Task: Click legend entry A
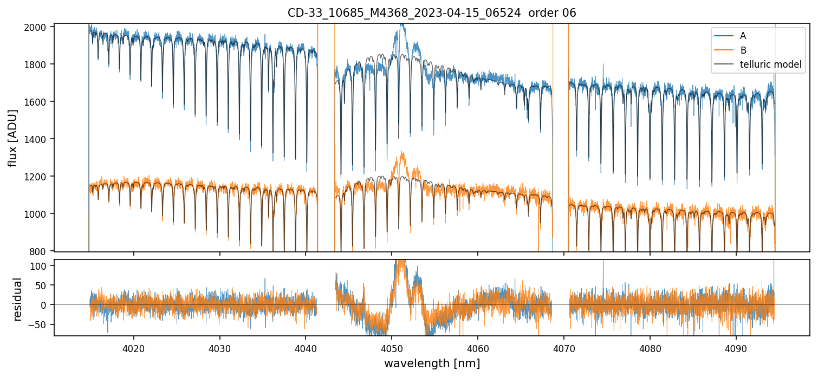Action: (x=743, y=36)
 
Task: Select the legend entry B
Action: (x=743, y=50)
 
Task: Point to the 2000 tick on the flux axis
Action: (x=39, y=27)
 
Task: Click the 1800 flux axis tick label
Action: (x=39, y=64)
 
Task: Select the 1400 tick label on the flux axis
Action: (x=39, y=139)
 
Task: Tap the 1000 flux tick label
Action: (x=39, y=214)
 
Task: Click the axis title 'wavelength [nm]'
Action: (x=432, y=363)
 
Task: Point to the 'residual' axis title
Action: (x=17, y=299)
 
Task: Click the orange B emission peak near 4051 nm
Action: (x=402, y=153)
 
